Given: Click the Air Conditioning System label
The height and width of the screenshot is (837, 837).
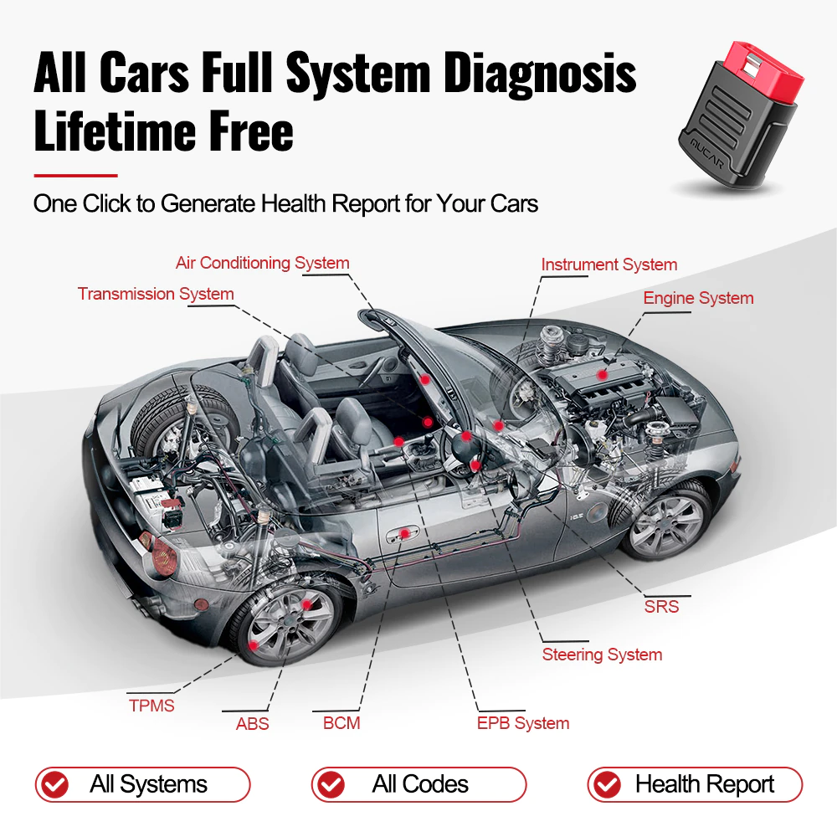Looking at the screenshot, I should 262,263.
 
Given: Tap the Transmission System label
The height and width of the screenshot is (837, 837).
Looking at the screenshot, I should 156,294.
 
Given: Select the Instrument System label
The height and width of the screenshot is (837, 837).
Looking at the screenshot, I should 608,264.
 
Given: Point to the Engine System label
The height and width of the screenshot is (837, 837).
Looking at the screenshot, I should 698,298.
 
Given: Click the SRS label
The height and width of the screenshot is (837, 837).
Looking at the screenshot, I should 661,606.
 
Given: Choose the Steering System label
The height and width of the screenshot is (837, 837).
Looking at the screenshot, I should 602,655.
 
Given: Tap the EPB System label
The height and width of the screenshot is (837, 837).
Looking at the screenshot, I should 523,723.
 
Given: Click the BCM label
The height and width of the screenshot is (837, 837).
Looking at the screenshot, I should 341,722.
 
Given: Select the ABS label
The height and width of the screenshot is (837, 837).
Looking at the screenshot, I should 252,723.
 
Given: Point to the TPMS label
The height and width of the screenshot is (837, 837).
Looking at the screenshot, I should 151,706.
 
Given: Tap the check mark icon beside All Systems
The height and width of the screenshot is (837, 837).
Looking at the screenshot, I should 56,785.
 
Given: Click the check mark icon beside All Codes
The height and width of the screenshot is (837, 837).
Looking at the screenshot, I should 332,785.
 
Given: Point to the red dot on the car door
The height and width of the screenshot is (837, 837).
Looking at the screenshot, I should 404,533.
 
